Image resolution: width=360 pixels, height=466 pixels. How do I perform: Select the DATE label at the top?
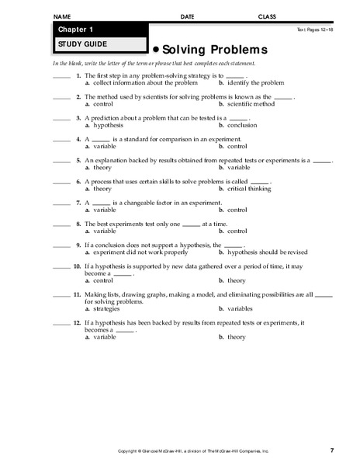click(187, 16)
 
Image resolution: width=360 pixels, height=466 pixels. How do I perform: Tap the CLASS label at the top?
click(268, 16)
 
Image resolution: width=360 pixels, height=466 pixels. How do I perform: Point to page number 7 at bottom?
click(331, 450)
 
